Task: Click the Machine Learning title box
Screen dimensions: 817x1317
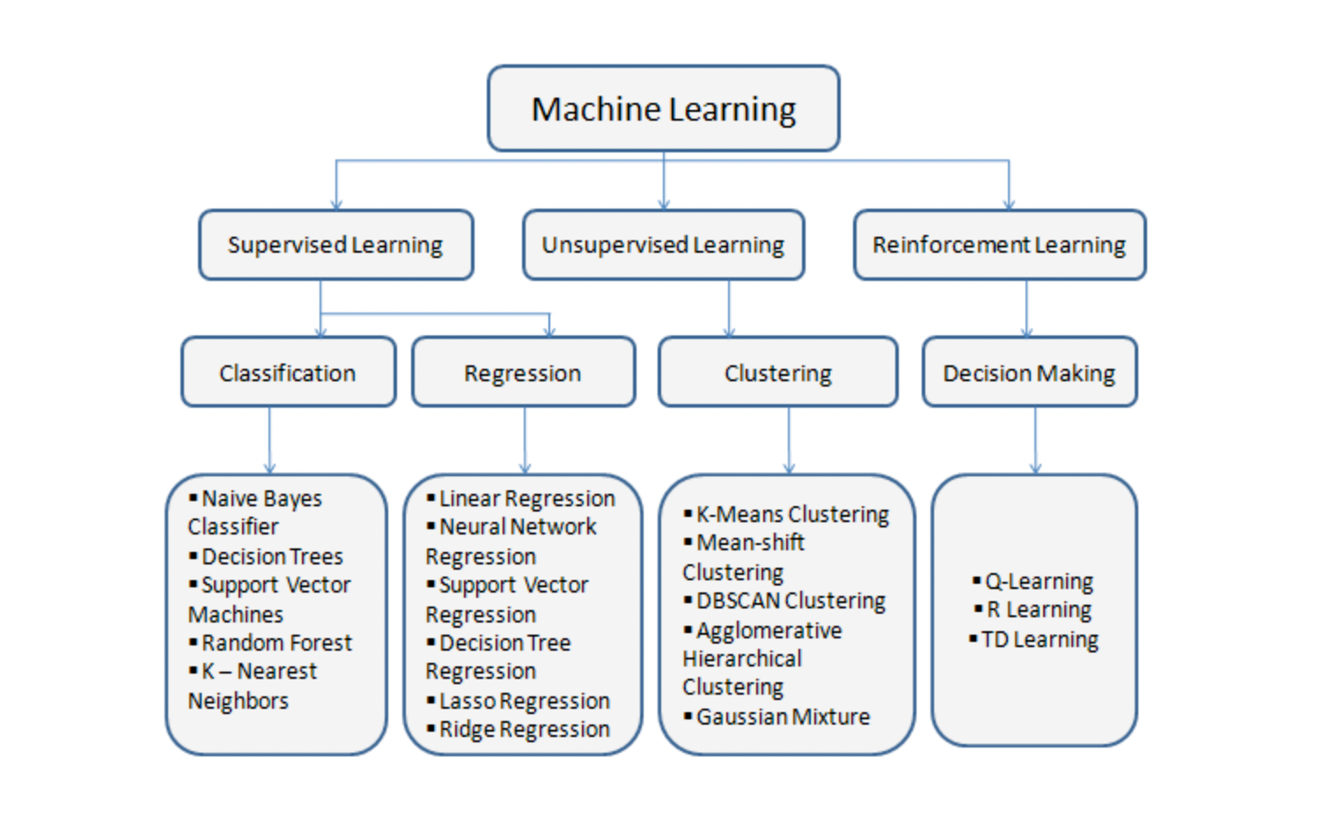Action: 663,109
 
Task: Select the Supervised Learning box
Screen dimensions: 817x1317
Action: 335,245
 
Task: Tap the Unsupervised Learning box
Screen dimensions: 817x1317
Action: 663,245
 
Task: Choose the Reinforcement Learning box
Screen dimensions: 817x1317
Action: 999,245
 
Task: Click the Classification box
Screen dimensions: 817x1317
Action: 288,372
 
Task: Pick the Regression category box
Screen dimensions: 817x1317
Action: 523,372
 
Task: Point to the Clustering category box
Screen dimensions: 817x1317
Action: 778,372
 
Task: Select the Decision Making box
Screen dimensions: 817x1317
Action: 1029,372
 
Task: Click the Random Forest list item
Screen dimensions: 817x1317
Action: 276,643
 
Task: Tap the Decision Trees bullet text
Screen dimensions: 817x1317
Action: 272,556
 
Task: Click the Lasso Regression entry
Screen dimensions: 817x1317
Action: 524,701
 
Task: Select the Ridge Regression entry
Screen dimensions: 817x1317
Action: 524,729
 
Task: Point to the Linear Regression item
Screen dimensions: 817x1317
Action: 526,498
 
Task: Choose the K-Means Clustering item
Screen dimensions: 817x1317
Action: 792,514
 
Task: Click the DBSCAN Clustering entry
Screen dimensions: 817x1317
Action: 791,600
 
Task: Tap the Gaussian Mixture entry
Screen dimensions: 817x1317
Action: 783,717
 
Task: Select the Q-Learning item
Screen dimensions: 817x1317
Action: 1039,581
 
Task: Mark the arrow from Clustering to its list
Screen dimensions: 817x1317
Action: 789,440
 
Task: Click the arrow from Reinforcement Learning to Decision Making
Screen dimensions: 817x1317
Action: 1026,308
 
